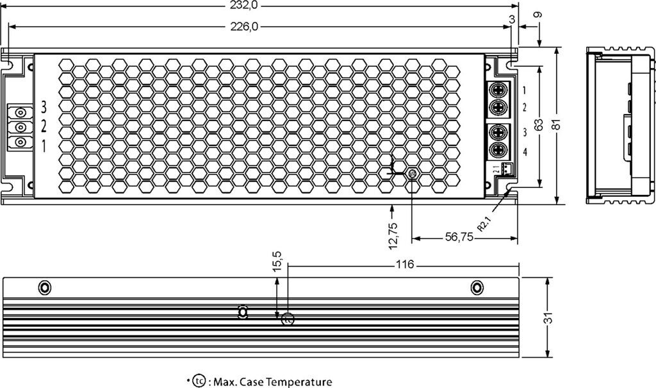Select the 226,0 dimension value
click(x=243, y=26)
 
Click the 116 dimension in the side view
click(x=405, y=264)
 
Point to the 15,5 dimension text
click(x=277, y=263)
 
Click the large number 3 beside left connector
click(x=44, y=106)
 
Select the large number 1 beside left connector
click(x=44, y=146)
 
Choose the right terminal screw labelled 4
click(x=500, y=151)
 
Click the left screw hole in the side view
click(x=44, y=287)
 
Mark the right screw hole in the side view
click(x=477, y=287)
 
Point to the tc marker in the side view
click(x=288, y=317)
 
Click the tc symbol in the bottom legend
click(x=199, y=382)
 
